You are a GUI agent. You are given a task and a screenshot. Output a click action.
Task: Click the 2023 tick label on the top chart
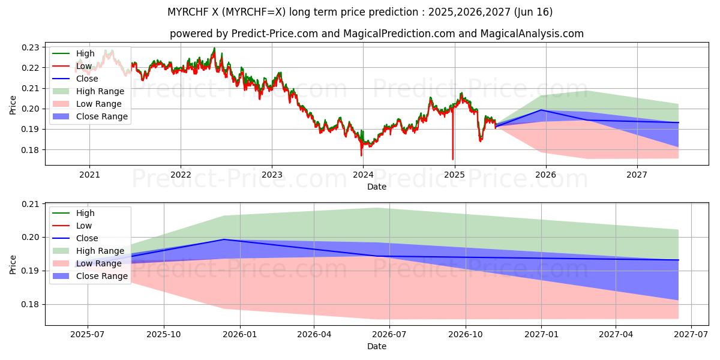(x=272, y=175)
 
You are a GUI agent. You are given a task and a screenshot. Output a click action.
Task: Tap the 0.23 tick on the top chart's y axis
(x=31, y=47)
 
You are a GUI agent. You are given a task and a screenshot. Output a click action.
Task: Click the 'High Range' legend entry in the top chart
(x=100, y=91)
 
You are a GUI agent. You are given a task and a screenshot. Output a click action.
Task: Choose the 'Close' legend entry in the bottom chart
(x=87, y=238)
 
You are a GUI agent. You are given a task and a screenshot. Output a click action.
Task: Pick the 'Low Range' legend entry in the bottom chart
(x=99, y=263)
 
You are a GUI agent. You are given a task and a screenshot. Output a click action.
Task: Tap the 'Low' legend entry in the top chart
(x=83, y=66)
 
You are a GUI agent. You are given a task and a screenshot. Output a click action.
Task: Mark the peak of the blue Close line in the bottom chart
(x=223, y=239)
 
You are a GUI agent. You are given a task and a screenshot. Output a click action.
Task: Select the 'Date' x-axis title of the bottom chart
(x=376, y=346)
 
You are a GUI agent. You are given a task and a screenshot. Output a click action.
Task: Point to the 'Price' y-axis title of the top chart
(x=13, y=106)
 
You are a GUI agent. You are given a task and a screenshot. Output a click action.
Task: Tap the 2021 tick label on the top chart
(x=89, y=175)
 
